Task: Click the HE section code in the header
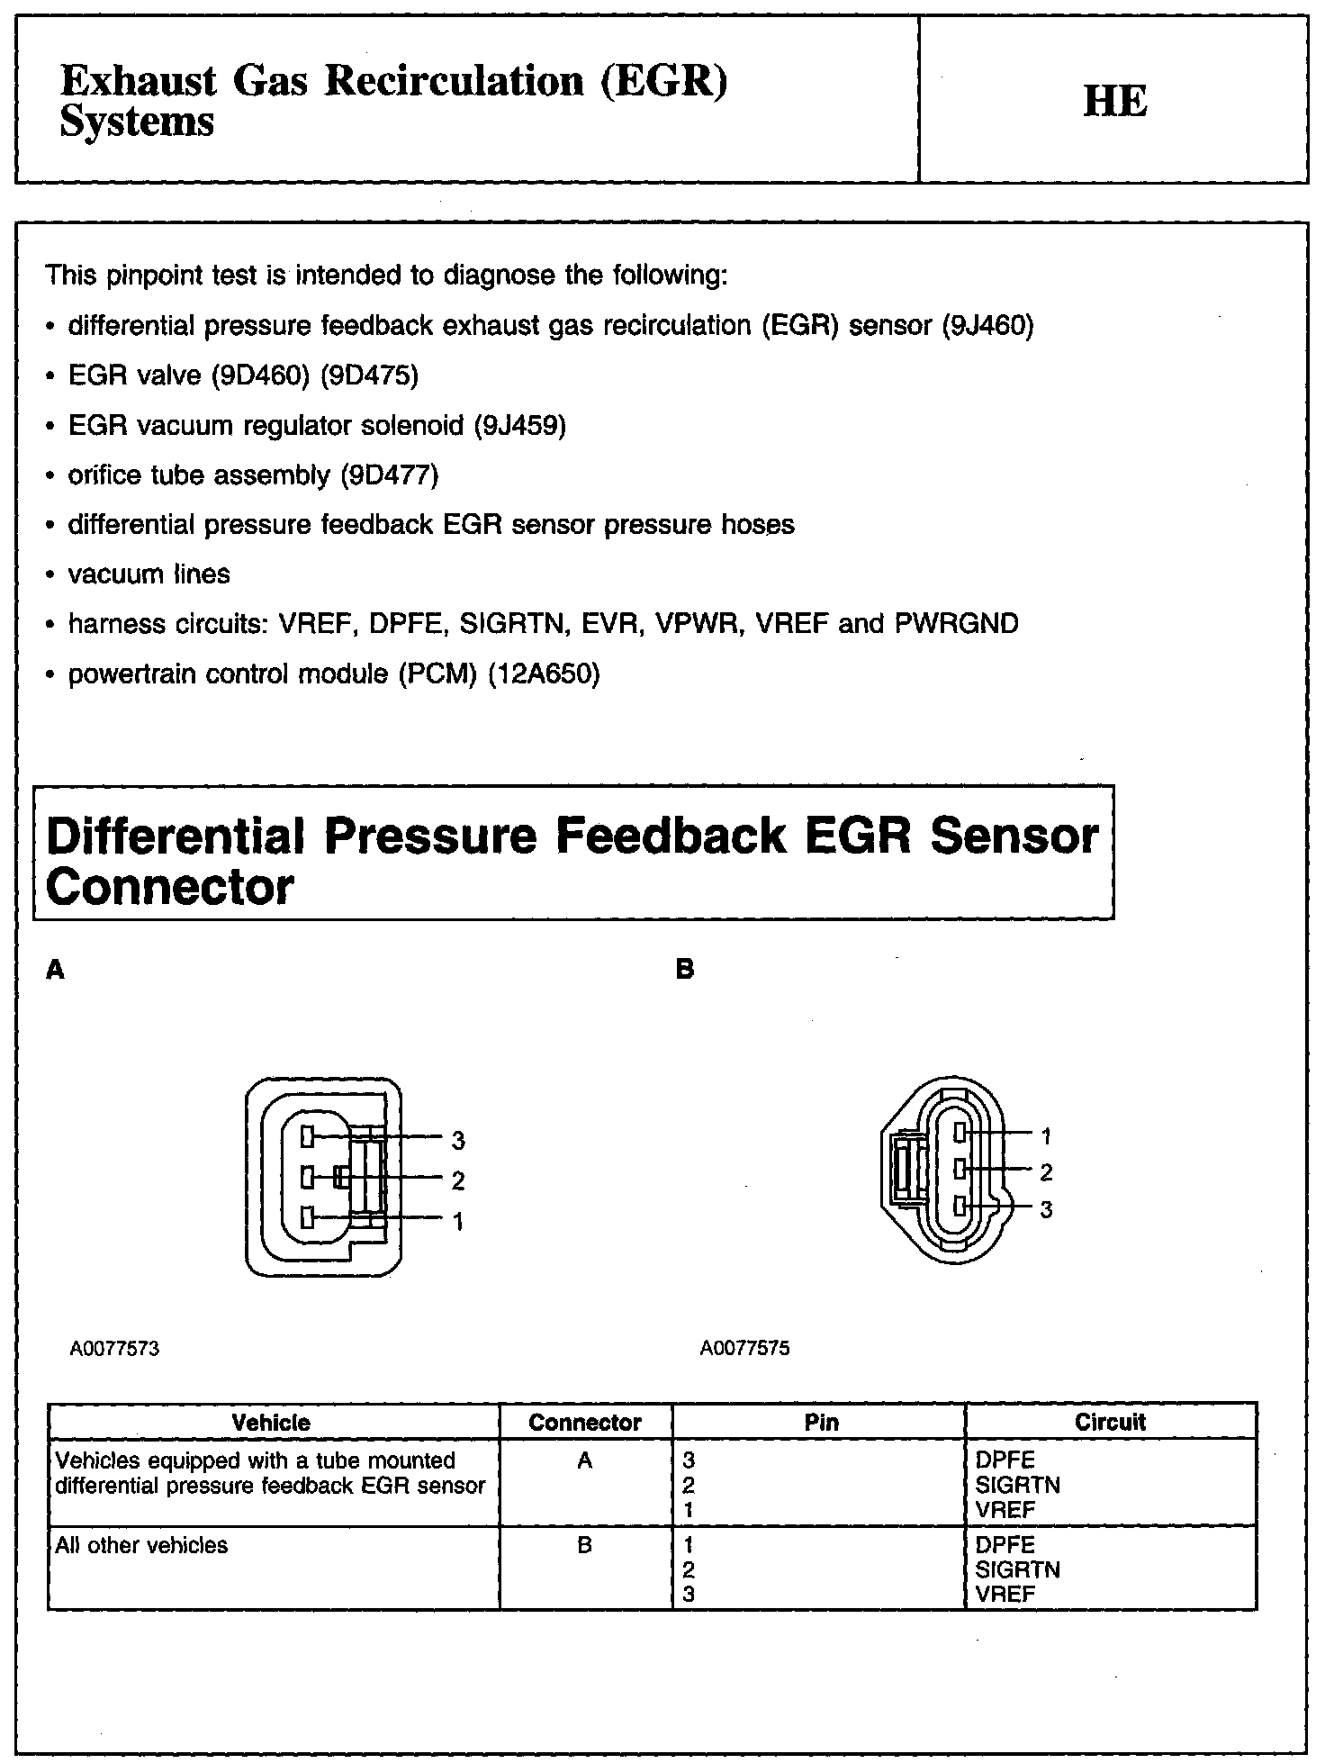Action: point(1114,101)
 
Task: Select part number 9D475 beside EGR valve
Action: point(370,375)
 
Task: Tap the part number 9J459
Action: point(520,425)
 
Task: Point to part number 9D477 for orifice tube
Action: point(390,475)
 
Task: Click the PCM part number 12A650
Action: point(544,674)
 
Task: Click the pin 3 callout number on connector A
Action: point(458,1141)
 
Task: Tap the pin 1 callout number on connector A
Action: point(458,1222)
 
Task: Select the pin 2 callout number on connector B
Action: point(1046,1172)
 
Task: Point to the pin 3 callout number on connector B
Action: point(1046,1210)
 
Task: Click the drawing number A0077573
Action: point(114,1349)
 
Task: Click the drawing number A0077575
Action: point(744,1349)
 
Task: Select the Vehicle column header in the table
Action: point(271,1423)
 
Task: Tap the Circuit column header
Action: point(1110,1422)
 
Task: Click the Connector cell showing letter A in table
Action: point(584,1460)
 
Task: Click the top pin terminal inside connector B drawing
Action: point(961,1132)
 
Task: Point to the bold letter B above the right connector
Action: point(685,971)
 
